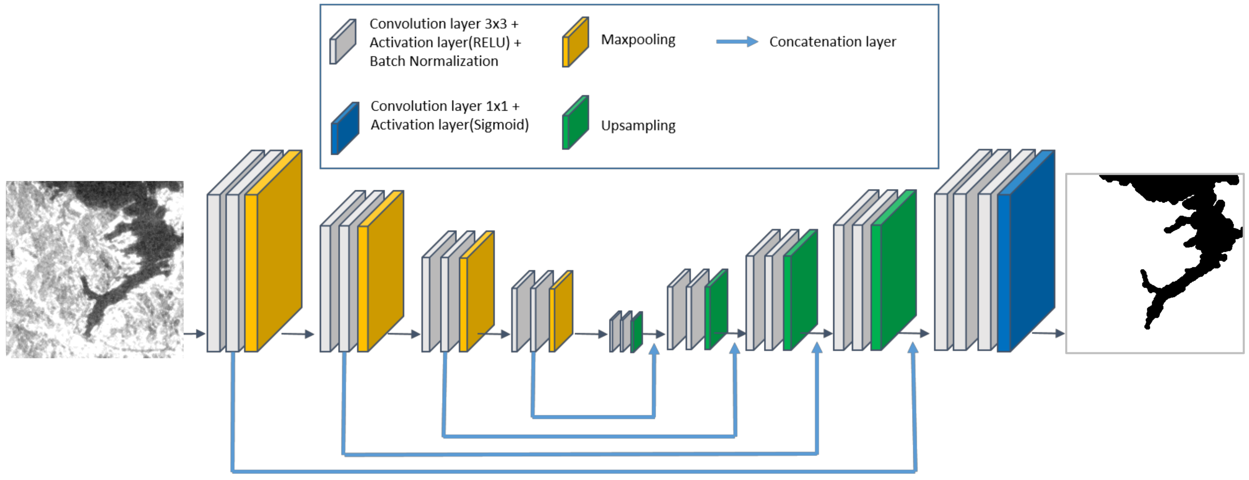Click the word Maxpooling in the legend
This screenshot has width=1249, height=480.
(x=638, y=40)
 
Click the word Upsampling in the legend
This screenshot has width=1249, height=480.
(x=638, y=126)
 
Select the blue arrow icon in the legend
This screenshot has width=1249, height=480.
(x=737, y=42)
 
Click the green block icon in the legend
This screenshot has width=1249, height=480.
(x=576, y=123)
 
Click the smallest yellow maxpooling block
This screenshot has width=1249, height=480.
(x=562, y=313)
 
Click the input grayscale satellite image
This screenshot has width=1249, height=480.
(x=95, y=269)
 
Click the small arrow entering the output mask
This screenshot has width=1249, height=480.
(x=1048, y=333)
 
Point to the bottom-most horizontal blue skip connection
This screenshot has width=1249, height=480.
(x=572, y=471)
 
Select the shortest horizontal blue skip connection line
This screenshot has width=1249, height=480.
(x=594, y=416)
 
